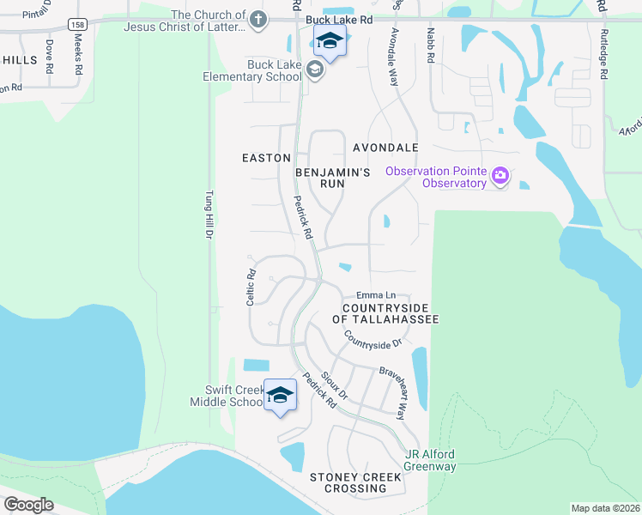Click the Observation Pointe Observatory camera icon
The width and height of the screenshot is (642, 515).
point(500,178)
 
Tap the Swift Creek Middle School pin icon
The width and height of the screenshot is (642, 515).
point(280,395)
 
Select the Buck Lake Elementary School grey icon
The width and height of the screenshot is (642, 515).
point(315,70)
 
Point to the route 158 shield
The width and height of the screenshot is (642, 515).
point(77,26)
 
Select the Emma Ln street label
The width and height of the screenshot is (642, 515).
point(375,294)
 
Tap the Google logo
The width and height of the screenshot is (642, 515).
point(28,504)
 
